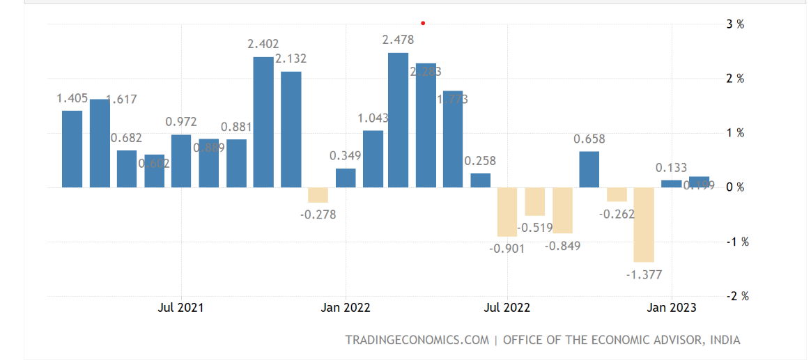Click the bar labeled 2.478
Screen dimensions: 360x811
tap(399, 120)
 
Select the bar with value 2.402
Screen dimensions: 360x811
tap(263, 122)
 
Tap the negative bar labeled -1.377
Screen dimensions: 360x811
tap(644, 224)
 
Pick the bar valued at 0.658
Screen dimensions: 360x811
tap(589, 169)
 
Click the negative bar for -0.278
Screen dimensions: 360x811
tap(318, 195)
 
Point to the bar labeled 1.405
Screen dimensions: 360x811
tap(72, 149)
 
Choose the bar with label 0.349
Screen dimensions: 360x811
tap(346, 178)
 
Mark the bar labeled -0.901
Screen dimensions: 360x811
tap(507, 212)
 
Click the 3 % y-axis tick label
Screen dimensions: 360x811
tap(735, 24)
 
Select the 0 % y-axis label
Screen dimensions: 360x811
tap(735, 187)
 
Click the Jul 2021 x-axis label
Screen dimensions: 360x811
tap(181, 307)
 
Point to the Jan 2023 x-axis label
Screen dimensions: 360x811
tap(672, 307)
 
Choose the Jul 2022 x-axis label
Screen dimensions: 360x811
tap(507, 307)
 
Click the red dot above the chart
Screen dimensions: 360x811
tap(423, 23)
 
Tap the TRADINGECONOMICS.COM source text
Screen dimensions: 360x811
tap(417, 340)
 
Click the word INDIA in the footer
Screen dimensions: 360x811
tap(725, 340)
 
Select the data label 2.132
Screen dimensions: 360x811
tap(291, 58)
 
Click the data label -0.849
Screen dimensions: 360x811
tap(562, 246)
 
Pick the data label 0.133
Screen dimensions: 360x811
tap(671, 168)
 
